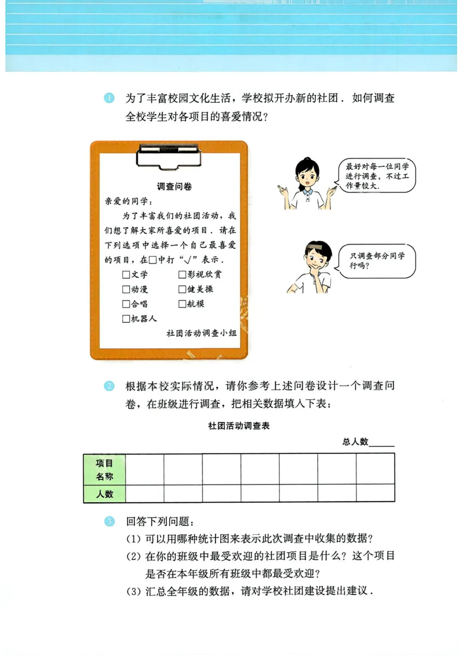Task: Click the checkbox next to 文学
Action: pyautogui.click(x=126, y=275)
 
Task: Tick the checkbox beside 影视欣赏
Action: pyautogui.click(x=182, y=275)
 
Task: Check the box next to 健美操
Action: pyautogui.click(x=182, y=289)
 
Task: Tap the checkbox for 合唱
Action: pyautogui.click(x=126, y=304)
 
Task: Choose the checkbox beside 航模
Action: pyautogui.click(x=182, y=304)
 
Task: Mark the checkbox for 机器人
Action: pyautogui.click(x=126, y=319)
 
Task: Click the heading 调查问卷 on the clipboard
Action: pyautogui.click(x=174, y=187)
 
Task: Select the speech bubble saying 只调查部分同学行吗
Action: pyautogui.click(x=377, y=261)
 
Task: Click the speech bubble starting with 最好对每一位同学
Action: pyautogui.click(x=377, y=176)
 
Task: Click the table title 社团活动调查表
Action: pyautogui.click(x=239, y=426)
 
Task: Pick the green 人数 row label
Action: pyautogui.click(x=104, y=494)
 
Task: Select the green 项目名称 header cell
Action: pyautogui.click(x=104, y=470)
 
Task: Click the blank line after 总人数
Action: pyautogui.click(x=382, y=443)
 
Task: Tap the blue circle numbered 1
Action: pyautogui.click(x=109, y=98)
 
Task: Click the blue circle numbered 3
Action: pyautogui.click(x=110, y=522)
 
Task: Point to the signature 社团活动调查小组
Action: pyautogui.click(x=201, y=333)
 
